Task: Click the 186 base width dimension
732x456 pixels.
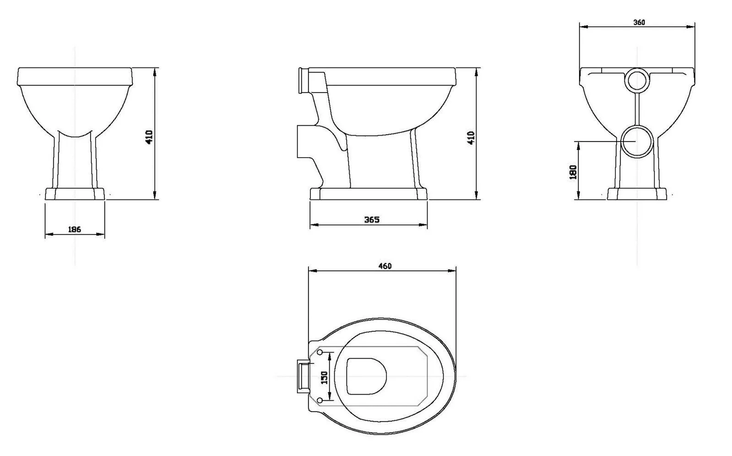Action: (75, 229)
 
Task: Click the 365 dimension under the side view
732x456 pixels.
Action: (371, 220)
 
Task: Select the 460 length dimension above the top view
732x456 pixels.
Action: (385, 266)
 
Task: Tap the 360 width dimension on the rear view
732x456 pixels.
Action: (639, 22)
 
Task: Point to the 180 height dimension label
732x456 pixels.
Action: (573, 171)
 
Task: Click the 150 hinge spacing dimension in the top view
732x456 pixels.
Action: (325, 377)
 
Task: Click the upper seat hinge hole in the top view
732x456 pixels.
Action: (320, 352)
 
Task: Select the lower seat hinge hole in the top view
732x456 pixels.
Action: (320, 401)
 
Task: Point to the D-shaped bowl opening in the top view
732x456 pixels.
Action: (366, 376)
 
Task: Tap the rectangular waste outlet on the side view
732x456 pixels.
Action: (304, 141)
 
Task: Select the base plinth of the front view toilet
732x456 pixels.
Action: (75, 193)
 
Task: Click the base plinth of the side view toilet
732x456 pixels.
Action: (369, 194)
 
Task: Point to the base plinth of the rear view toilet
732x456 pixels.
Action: (637, 194)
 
